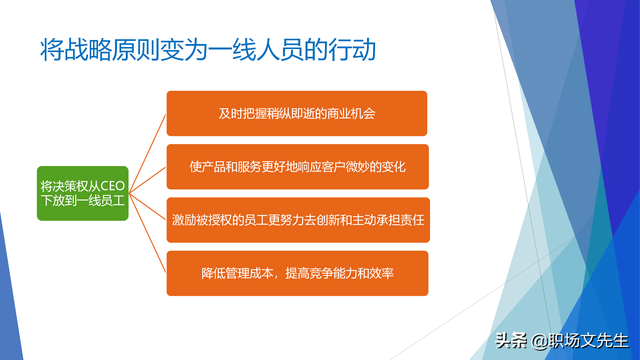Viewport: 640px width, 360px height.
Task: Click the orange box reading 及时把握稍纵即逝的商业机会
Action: pos(296,113)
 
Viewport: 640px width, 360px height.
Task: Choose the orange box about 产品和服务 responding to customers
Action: pos(296,166)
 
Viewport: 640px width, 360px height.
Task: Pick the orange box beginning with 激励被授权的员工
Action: pos(296,219)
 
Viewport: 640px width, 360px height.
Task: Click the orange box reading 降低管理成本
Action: pos(296,272)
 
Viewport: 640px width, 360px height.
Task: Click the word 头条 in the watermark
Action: pos(512,340)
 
